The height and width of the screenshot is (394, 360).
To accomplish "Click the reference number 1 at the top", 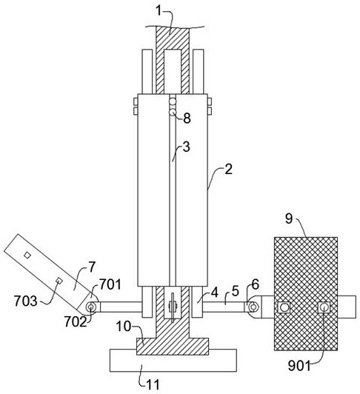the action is coord(159,11).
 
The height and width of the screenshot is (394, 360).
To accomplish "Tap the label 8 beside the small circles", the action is coord(187,118).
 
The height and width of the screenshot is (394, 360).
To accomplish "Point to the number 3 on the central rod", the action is coord(186,147).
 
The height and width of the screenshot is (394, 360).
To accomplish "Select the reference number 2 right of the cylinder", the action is coord(229,170).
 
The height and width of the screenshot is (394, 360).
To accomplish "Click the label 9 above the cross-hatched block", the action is coord(289,218).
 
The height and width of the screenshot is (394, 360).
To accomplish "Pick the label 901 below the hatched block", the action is coord(299,366).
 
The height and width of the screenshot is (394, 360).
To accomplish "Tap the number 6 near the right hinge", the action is coord(255,284).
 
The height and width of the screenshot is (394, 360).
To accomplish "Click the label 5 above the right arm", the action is coord(235,292).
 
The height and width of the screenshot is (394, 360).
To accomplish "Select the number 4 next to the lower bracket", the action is coord(214,293).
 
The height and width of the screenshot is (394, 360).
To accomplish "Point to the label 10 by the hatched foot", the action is coord(124,327).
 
